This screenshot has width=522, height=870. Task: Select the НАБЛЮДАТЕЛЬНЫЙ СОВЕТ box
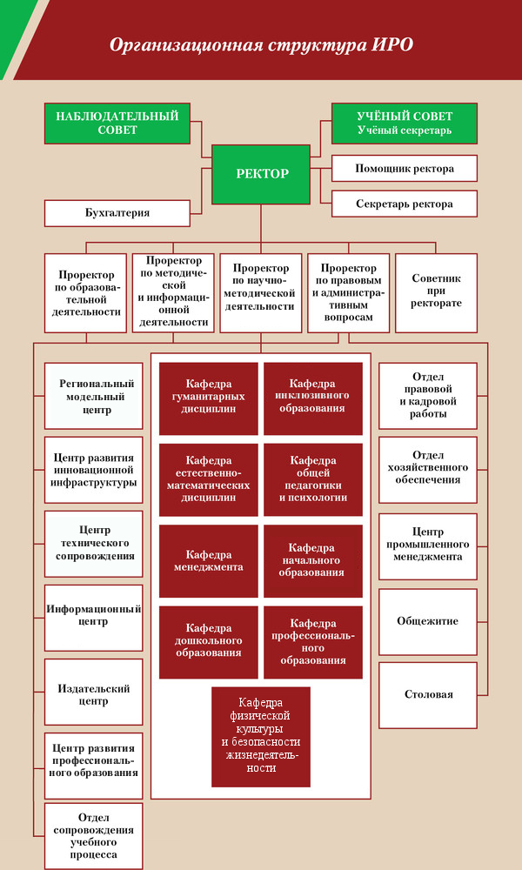coord(117,124)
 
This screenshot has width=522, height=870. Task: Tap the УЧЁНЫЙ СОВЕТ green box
coord(405,124)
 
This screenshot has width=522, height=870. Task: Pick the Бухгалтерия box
coord(117,213)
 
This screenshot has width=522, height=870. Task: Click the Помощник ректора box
coord(405,169)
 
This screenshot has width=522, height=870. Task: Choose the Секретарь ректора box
coord(405,204)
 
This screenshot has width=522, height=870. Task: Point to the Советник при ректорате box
coord(436,293)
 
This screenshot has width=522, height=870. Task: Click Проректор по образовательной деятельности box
coord(85,293)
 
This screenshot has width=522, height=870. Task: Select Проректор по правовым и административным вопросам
coord(348,293)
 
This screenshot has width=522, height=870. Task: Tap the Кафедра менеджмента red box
coord(209,561)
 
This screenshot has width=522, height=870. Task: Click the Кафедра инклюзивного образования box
coord(313,398)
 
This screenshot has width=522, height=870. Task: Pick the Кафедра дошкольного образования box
coord(209,642)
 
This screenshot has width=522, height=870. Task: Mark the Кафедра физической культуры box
coord(261,737)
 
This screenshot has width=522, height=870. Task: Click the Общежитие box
coord(428,621)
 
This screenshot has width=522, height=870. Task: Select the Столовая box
coord(428,694)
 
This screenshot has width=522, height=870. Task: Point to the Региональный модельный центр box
coord(94,396)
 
